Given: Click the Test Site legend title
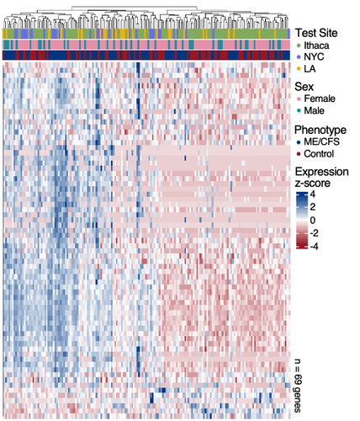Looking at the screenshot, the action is pyautogui.click(x=316, y=33).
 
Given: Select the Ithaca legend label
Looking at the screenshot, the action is pyautogui.click(x=316, y=45).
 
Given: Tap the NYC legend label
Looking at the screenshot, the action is pyautogui.click(x=314, y=57).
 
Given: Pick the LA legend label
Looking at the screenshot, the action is pyautogui.click(x=310, y=69).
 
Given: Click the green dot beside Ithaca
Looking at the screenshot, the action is pyautogui.click(x=299, y=45).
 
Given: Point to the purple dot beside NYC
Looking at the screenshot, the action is pyautogui.click(x=299, y=57).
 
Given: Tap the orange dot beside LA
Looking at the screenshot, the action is pyautogui.click(x=299, y=69).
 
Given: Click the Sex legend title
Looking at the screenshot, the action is pyautogui.click(x=304, y=87).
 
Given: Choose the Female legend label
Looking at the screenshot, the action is pyautogui.click(x=320, y=99).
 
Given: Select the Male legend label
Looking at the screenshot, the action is pyautogui.click(x=315, y=110).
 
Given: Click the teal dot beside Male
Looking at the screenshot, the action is pyautogui.click(x=299, y=111).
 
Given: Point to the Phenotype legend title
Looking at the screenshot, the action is pyautogui.click(x=320, y=130).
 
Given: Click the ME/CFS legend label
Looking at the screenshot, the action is pyautogui.click(x=321, y=141).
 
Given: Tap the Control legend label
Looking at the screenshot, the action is pyautogui.click(x=319, y=154).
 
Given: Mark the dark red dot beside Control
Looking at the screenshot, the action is pyautogui.click(x=299, y=154).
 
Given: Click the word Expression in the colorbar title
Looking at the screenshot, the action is pyautogui.click(x=321, y=172).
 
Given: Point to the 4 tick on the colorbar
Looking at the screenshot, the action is pyautogui.click(x=312, y=194).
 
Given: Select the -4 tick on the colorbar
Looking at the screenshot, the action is pyautogui.click(x=314, y=247).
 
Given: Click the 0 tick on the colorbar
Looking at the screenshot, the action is pyautogui.click(x=312, y=221).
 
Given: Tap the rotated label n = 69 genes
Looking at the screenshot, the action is pyautogui.click(x=298, y=386).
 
